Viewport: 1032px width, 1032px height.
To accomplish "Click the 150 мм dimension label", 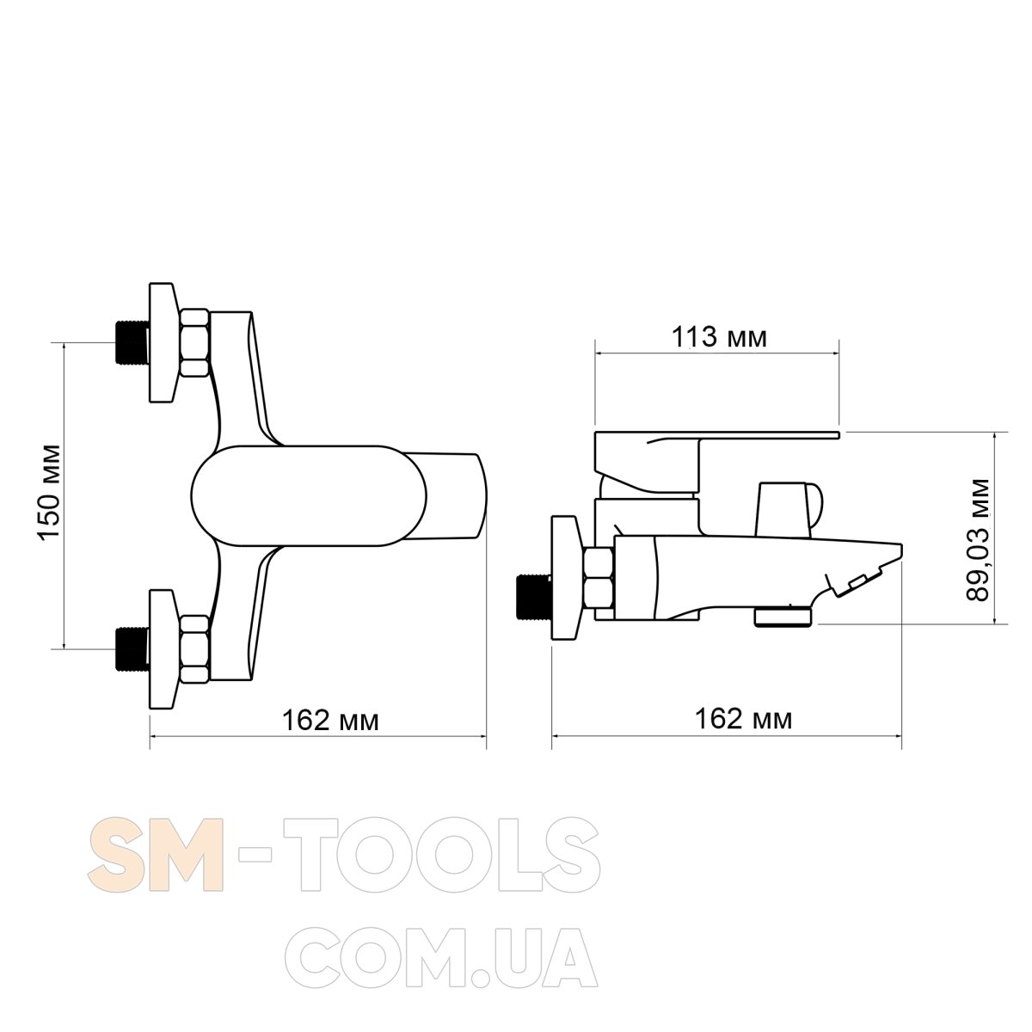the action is tap(51, 492).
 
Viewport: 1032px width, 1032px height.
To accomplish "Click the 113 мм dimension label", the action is tap(719, 337).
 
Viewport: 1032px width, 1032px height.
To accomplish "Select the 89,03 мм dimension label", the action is tap(979, 540).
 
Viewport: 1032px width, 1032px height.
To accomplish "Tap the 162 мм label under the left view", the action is tap(330, 721).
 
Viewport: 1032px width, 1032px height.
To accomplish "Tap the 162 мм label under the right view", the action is tap(743, 719).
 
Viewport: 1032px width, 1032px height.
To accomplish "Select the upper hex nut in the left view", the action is tap(194, 343).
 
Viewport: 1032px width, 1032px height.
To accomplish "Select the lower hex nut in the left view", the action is tap(194, 649).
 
